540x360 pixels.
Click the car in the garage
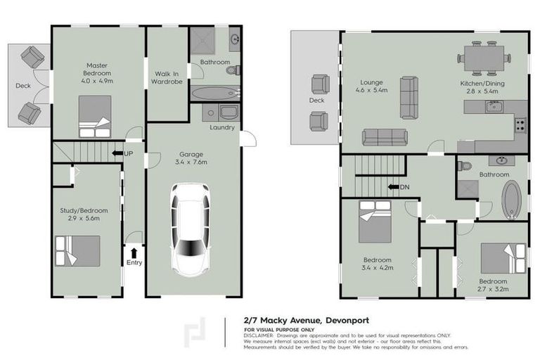191,229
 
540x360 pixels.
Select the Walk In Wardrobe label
167,78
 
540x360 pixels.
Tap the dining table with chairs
484,58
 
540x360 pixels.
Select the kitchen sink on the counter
494,105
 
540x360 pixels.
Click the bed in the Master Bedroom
94,117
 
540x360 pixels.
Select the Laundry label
222,127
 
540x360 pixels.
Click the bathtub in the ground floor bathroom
214,93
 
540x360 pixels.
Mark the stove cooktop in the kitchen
521,125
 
